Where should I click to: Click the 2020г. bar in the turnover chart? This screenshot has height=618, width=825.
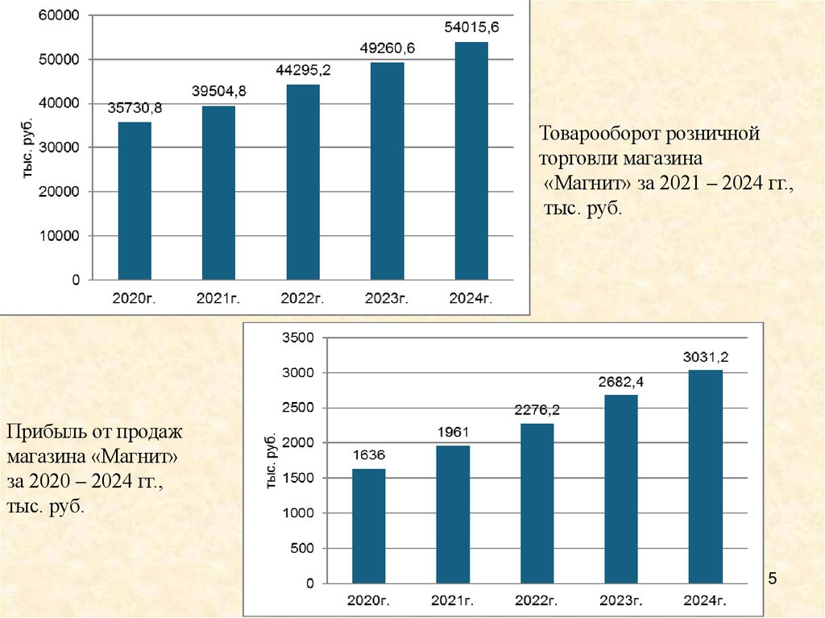click(135, 201)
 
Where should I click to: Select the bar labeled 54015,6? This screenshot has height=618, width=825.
click(471, 160)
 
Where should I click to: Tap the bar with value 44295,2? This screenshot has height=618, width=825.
click(303, 182)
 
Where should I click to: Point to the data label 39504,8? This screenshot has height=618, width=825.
click(219, 93)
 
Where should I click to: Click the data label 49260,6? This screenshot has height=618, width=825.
click(388, 49)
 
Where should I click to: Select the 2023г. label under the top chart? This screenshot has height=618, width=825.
click(388, 299)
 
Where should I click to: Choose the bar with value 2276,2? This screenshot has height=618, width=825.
click(537, 504)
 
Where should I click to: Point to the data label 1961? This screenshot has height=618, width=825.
click(453, 430)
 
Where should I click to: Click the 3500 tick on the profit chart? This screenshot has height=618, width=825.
click(296, 338)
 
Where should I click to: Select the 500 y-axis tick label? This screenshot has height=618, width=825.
click(300, 549)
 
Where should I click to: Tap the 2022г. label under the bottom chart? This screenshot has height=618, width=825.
click(537, 600)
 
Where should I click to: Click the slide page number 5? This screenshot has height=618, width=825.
click(773, 579)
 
